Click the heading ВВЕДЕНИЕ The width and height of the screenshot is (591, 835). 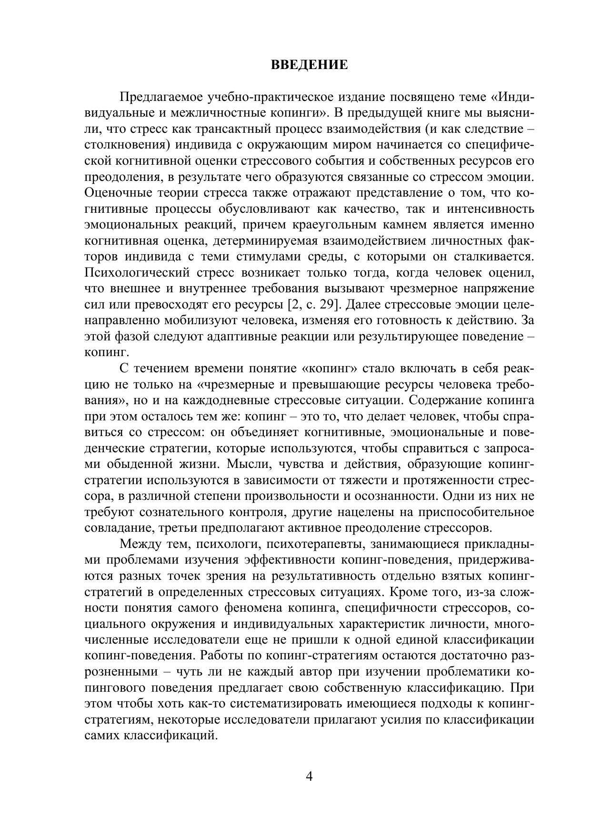[x=309, y=65]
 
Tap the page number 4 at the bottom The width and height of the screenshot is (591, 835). [x=309, y=776]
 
